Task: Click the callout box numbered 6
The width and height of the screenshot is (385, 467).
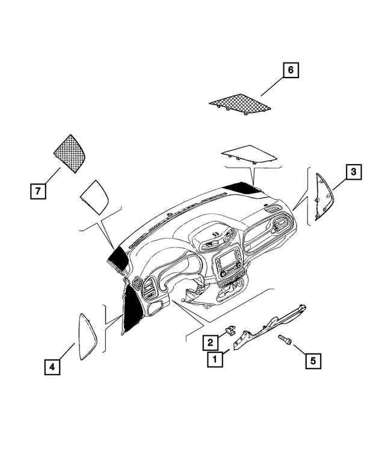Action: point(290,71)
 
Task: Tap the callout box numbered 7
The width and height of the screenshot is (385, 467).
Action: point(37,192)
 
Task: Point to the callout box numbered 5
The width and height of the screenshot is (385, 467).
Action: point(312,361)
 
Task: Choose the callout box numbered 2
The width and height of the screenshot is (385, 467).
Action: point(210,343)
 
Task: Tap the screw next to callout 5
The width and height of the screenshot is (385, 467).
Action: point(285,341)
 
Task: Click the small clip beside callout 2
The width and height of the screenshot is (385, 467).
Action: point(230,330)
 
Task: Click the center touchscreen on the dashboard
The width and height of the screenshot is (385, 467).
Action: point(228,261)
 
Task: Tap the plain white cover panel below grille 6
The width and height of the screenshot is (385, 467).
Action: point(250,153)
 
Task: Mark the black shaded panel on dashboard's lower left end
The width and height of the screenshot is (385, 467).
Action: point(131,309)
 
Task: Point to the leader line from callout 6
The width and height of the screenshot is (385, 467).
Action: point(271,86)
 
